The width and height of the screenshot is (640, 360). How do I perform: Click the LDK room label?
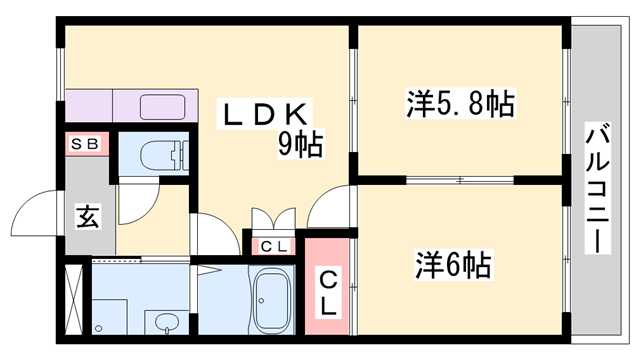coord(267,112)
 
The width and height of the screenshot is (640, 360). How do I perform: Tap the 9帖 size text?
coord(299,146)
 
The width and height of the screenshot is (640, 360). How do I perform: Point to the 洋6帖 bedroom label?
coord(452,265)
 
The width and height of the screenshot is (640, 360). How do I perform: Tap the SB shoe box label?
coord(84,145)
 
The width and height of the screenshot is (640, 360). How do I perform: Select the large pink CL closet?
coord(328,286)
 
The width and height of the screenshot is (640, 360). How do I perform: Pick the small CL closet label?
coord(275,245)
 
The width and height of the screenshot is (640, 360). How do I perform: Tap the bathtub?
coord(270,300)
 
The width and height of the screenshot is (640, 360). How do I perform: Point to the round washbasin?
coord(166,322)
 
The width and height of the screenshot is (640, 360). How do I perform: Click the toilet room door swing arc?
coord(133,206)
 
